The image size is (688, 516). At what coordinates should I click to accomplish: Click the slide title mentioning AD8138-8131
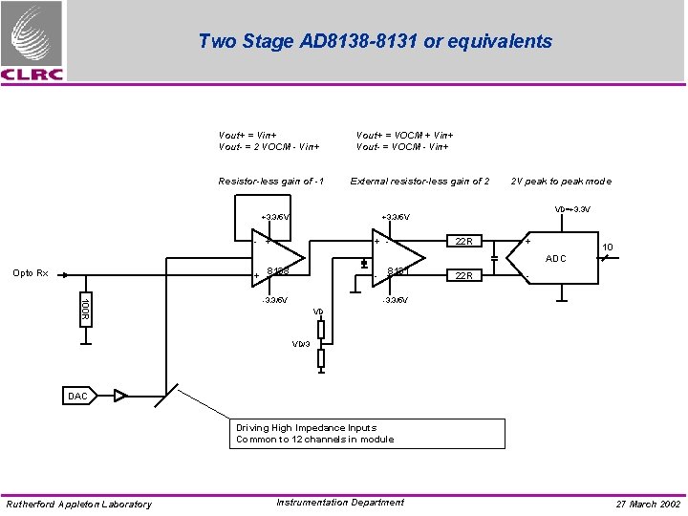point(375,41)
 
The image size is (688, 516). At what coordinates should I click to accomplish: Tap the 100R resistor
point(85,308)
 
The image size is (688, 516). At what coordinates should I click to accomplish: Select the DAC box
point(79,396)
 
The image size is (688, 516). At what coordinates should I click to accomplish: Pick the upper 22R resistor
point(464,241)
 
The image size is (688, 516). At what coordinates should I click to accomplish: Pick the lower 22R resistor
point(464,276)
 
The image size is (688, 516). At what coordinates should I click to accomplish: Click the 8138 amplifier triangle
point(281,258)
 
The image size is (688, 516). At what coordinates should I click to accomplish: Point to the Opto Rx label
point(30,273)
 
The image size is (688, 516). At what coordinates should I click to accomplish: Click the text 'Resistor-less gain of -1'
point(271,182)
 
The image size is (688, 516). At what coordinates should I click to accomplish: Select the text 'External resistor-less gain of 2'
point(419,182)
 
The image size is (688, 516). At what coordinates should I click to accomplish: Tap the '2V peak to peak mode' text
point(561,182)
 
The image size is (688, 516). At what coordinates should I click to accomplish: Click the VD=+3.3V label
point(571,210)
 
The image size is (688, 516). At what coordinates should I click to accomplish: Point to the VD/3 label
point(301,344)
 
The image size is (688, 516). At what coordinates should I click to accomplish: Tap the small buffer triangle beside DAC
point(120,395)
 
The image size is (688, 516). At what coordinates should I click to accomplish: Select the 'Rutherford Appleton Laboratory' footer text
point(78,505)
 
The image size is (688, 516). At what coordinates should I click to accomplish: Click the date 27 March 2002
point(648,504)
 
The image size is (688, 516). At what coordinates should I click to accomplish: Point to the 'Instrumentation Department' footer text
point(339,503)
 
